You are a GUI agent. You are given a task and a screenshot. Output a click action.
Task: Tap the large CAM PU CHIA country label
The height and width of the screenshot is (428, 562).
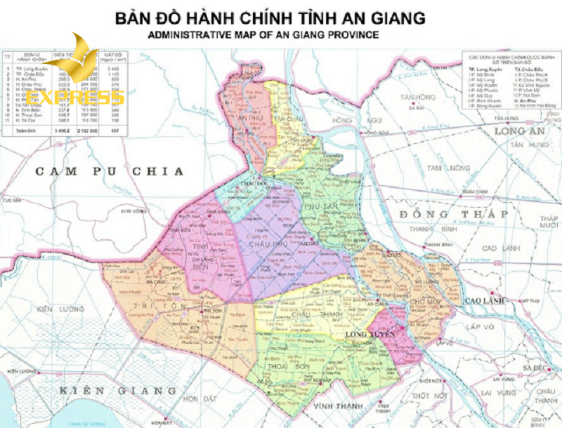tap(110, 170)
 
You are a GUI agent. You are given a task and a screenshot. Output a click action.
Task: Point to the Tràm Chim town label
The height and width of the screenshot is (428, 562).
tap(475, 190)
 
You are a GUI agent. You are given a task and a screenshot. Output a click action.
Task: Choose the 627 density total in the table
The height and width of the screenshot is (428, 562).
tap(112, 130)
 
